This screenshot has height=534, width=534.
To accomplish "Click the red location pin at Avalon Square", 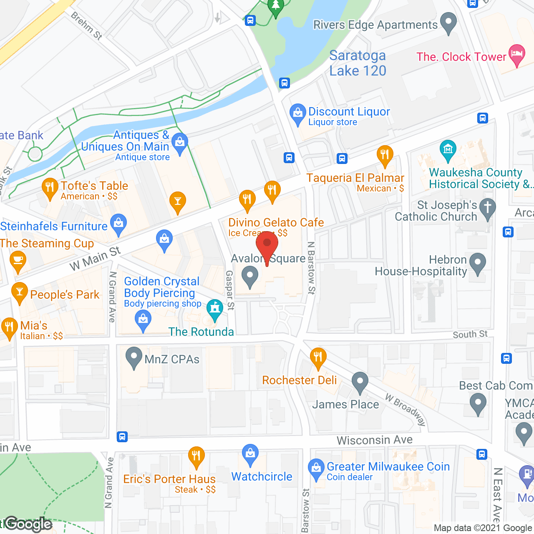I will pyautogui.click(x=267, y=245).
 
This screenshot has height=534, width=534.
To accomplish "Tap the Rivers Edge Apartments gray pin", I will pyautogui.click(x=448, y=23).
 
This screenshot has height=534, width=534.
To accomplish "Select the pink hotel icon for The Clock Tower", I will pyautogui.click(x=517, y=55).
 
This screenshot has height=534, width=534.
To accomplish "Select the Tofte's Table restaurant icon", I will pyautogui.click(x=50, y=188).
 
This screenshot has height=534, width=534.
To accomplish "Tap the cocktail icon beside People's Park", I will pyautogui.click(x=19, y=292).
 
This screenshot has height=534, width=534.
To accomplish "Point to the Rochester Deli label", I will pyautogui.click(x=299, y=380).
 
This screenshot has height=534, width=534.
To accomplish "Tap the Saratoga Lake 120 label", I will pyautogui.click(x=358, y=63).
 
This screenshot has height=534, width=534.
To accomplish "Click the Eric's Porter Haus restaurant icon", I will pyautogui.click(x=196, y=456).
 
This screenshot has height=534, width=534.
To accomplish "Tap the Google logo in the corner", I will pyautogui.click(x=28, y=524).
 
